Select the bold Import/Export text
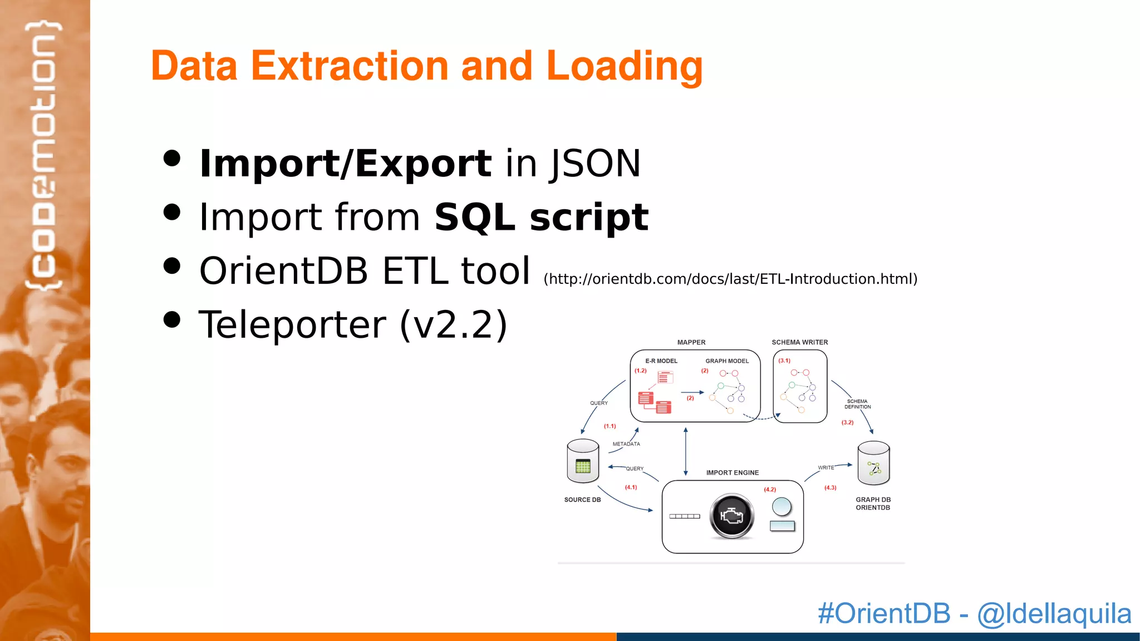[x=345, y=164]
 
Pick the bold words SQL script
[x=541, y=217]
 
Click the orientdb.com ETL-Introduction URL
[x=730, y=279]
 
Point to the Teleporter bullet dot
[x=173, y=319]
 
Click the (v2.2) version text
[x=453, y=324]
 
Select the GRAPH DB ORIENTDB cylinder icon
[x=873, y=464]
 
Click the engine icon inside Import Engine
[x=731, y=516]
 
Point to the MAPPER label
[x=691, y=342]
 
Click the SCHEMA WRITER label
[x=799, y=342]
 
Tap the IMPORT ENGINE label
[x=732, y=472]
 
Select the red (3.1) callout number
[x=784, y=361]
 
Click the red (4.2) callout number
[x=769, y=490]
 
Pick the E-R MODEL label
[x=661, y=361]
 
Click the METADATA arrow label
[x=626, y=444]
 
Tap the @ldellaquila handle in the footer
[x=1054, y=614]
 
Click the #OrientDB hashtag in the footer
[x=883, y=614]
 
